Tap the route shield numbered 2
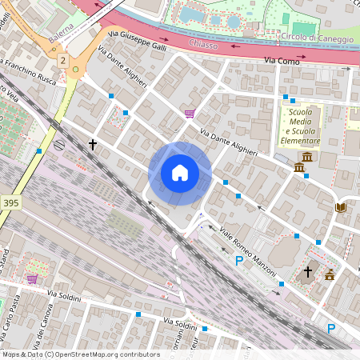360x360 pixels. (62, 60)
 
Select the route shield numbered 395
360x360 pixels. (10, 203)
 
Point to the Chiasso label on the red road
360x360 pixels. (205, 44)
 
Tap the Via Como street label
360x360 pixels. (280, 61)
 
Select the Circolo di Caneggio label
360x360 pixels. (313, 38)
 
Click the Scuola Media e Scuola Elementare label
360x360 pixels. (300, 126)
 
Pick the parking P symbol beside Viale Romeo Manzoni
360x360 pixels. (238, 261)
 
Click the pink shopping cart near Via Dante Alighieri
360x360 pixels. (190, 114)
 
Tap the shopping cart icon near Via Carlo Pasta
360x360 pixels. (32, 278)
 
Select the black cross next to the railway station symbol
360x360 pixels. (93, 145)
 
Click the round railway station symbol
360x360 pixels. (61, 145)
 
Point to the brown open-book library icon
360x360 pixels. (340, 208)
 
